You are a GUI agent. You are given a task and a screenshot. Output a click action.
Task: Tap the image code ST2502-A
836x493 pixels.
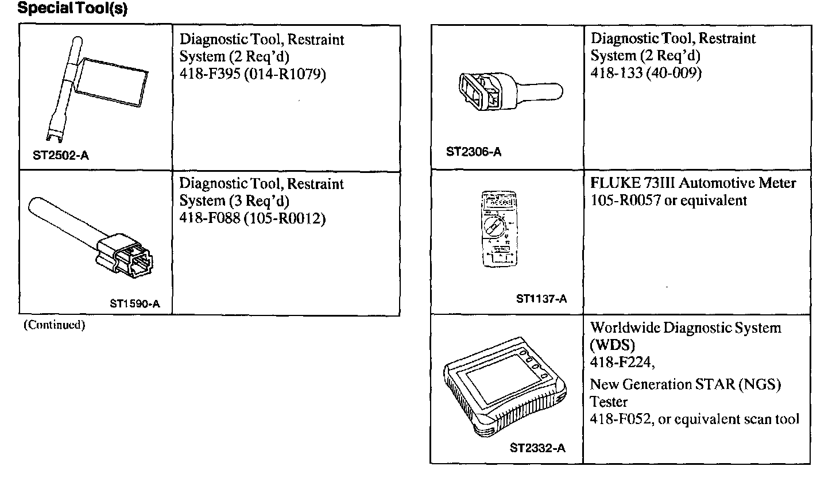click(x=61, y=156)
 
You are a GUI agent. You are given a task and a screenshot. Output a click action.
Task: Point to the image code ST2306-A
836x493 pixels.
click(x=474, y=152)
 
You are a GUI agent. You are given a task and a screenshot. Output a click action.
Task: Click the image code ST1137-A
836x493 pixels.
click(x=541, y=299)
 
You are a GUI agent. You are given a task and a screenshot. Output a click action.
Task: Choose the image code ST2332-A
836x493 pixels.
click(x=537, y=448)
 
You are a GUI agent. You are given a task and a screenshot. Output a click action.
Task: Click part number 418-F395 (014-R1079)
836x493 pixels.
click(x=253, y=75)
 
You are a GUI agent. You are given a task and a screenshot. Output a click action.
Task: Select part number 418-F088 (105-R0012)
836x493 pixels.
click(x=253, y=219)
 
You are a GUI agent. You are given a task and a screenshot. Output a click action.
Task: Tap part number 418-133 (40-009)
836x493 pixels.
click(x=646, y=73)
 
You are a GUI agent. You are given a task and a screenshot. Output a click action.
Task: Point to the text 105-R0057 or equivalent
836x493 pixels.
click(x=669, y=201)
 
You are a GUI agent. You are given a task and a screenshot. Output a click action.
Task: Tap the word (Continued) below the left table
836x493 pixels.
click(x=54, y=325)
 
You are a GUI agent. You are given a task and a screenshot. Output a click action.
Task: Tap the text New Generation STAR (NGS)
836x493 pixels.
click(x=686, y=384)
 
